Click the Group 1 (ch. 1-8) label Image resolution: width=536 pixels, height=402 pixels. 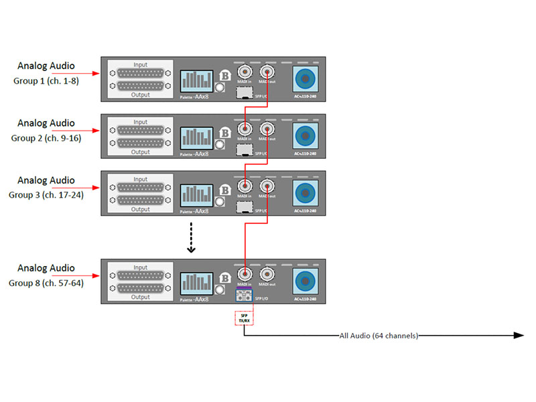pyautogui.click(x=45, y=80)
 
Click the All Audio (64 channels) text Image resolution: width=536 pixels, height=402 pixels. pyautogui.click(x=379, y=335)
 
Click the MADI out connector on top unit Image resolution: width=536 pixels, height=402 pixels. pyautogui.click(x=267, y=72)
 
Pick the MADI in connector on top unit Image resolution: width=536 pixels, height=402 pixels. pyautogui.click(x=246, y=72)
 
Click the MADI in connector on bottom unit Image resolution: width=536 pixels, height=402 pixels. pyautogui.click(x=246, y=273)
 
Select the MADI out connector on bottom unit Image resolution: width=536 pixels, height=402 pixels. pyautogui.click(x=267, y=273)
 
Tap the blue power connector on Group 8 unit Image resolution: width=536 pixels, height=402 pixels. pyautogui.click(x=306, y=281)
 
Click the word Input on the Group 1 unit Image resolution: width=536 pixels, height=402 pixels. pyautogui.click(x=140, y=65)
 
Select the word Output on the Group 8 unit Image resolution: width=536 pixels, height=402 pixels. pyautogui.click(x=140, y=297)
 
